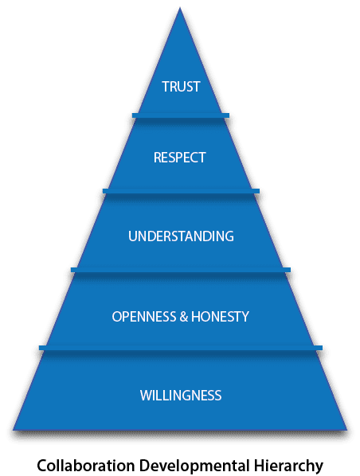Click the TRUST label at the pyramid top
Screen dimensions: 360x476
click(x=181, y=87)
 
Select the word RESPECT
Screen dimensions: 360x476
click(x=180, y=158)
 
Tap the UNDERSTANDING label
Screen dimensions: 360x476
click(x=181, y=236)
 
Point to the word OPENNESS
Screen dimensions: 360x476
click(x=144, y=316)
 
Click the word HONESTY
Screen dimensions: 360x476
click(x=221, y=316)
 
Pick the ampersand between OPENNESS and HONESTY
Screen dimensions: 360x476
click(x=184, y=316)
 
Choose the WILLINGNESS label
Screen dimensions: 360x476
click(x=181, y=396)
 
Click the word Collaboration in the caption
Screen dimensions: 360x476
click(x=86, y=466)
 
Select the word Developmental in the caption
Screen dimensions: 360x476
click(x=194, y=466)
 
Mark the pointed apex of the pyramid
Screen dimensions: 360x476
click(x=180, y=8)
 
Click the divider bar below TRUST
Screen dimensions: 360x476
click(x=181, y=115)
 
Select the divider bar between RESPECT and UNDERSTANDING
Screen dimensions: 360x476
click(x=181, y=191)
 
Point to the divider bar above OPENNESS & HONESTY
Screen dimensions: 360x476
click(x=181, y=270)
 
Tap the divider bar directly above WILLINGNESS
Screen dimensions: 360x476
click(x=181, y=348)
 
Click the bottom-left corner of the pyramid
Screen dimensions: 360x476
click(x=13, y=430)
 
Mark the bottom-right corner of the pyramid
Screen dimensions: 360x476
click(x=346, y=430)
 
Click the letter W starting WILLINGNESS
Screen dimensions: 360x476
click(x=146, y=396)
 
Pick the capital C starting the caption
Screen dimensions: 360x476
click(x=42, y=466)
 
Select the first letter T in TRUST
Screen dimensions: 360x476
click(x=166, y=87)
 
